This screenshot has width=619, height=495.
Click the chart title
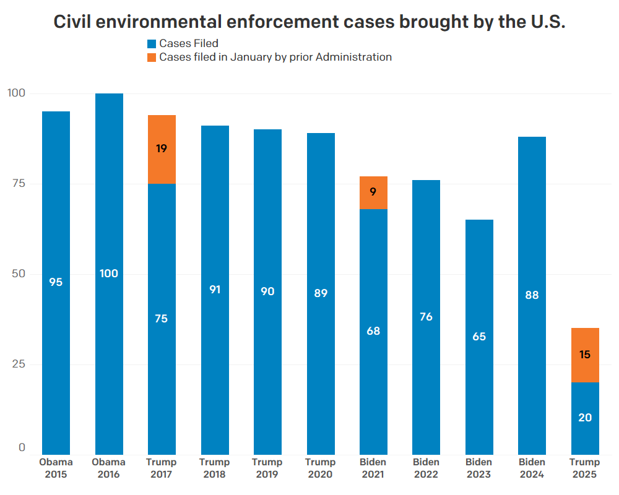309,21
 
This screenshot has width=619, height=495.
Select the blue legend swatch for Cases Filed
151,43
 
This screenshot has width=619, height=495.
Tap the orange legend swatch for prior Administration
151,57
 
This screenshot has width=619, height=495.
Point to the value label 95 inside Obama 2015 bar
56,282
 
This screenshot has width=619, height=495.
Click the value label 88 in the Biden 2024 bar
532,295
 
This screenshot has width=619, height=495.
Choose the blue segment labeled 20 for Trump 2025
585,418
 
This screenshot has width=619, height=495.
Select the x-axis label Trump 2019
267,468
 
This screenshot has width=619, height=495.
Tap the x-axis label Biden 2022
426,468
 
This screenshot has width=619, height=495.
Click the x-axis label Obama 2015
56,468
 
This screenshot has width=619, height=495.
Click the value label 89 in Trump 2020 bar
321,293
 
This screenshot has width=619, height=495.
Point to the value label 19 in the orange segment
162,148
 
